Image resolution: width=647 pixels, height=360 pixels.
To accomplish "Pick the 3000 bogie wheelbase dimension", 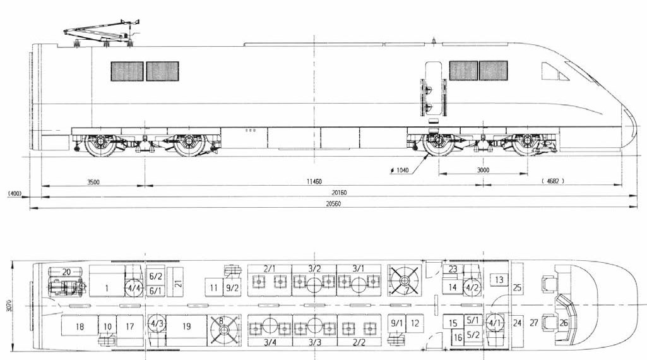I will coord(483,171).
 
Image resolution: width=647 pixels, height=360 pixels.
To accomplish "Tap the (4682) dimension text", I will coord(552,182).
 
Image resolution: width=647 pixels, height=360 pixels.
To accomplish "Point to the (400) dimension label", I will coord(13,193).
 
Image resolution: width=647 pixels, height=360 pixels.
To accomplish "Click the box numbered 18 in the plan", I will coord(79,327).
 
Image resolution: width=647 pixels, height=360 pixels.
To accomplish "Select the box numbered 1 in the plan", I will coord(107,289).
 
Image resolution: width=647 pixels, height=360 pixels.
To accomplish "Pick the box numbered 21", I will coord(178,283).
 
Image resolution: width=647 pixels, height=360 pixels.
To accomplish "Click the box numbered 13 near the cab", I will coord(499,279).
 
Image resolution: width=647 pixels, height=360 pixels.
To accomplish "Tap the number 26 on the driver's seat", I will coord(564,323).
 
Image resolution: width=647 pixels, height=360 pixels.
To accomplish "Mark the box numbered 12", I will coord(414,323).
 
